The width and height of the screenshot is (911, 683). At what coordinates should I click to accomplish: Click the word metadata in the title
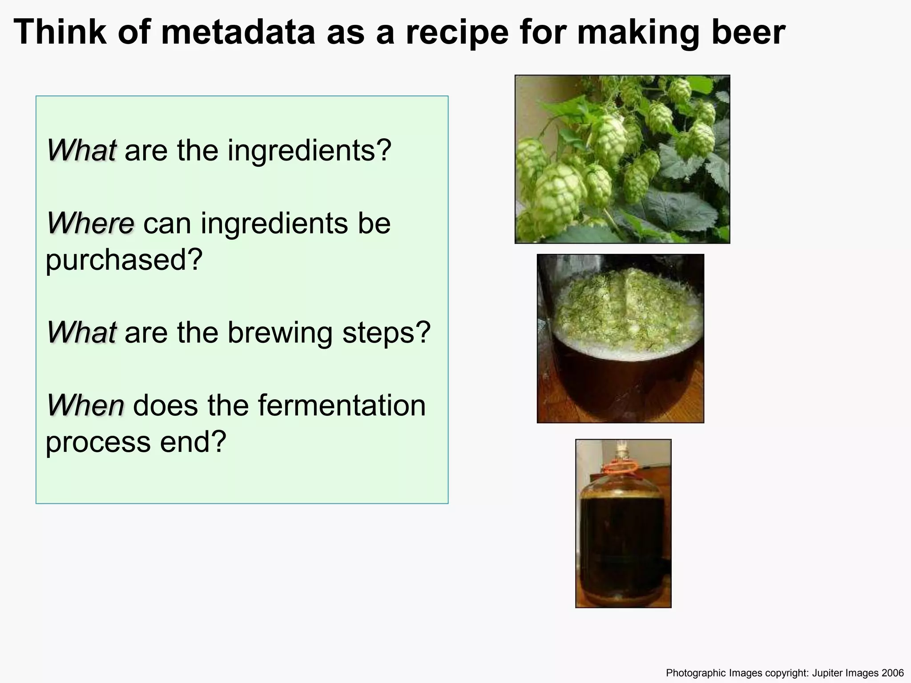(x=238, y=32)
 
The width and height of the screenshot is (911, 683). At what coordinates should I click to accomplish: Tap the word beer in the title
(x=748, y=32)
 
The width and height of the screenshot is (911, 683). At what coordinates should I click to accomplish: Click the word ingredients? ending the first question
(x=309, y=151)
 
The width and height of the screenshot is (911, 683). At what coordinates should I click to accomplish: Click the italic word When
(x=85, y=406)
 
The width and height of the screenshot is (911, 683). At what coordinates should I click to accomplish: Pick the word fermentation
(x=341, y=406)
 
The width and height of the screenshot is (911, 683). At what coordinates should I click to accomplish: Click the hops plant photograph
(x=622, y=159)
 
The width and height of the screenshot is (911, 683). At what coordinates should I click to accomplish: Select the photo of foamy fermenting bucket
(x=620, y=338)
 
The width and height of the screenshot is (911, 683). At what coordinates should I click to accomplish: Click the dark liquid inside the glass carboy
(x=623, y=542)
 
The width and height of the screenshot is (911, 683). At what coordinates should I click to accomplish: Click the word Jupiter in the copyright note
(x=826, y=673)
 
